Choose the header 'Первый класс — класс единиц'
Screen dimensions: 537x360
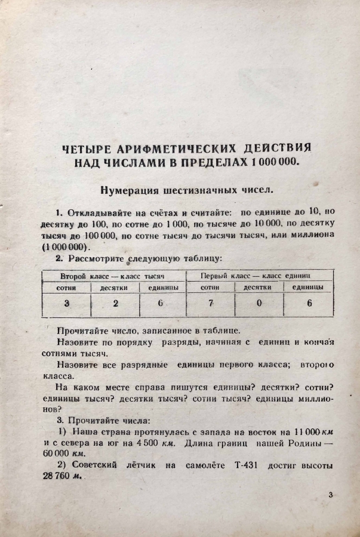pyautogui.click(x=259, y=276)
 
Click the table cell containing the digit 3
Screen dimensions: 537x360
pyautogui.click(x=66, y=303)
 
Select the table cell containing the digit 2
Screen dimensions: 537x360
pyautogui.click(x=115, y=303)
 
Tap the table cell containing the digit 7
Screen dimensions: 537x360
pyautogui.click(x=210, y=303)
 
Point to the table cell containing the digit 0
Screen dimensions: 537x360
pyautogui.click(x=259, y=303)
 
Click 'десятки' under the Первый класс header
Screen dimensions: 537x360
pyautogui.click(x=258, y=288)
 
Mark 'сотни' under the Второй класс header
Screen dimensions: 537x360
pyautogui.click(x=66, y=288)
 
